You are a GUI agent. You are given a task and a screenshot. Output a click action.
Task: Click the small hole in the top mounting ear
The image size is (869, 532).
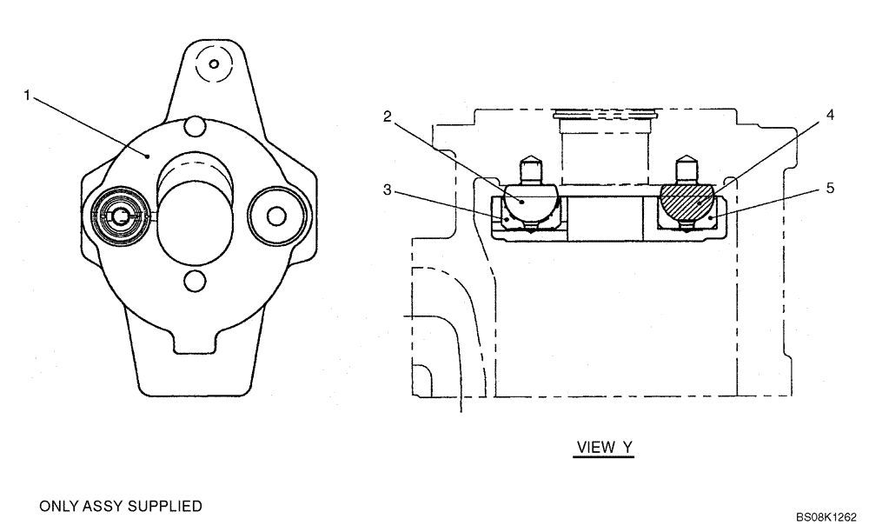[x=208, y=63]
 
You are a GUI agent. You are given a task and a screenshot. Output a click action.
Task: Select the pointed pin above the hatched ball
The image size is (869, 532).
[x=687, y=166]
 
